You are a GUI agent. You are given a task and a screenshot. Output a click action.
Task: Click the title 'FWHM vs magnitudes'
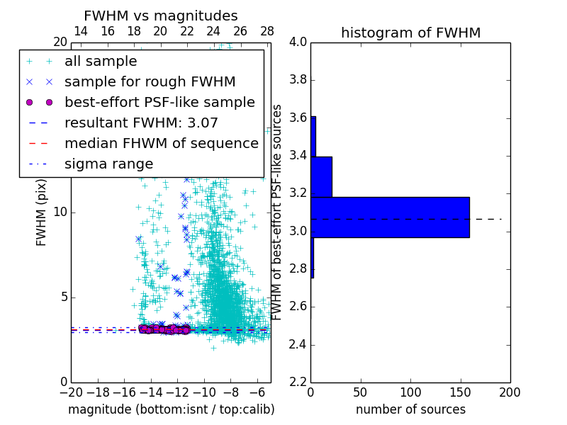161,16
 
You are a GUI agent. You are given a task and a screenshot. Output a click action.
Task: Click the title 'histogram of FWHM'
410,33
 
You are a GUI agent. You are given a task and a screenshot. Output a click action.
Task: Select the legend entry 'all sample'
101,62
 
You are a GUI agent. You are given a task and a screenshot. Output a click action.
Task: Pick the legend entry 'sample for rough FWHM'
150,82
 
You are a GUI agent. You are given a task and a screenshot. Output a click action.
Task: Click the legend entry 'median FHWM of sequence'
161,143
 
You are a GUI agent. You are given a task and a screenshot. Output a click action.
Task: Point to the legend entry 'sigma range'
108,164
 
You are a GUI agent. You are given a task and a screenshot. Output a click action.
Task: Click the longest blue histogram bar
390,217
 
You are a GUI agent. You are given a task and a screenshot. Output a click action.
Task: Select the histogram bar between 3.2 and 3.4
321,176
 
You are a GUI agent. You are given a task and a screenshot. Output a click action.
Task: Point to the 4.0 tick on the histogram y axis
298,42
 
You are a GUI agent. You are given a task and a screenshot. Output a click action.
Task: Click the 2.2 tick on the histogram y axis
298,382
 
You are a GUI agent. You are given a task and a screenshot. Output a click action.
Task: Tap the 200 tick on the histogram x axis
510,392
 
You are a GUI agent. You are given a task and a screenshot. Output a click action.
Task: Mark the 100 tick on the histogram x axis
410,392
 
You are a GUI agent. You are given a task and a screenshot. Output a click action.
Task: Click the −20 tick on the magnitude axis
71,392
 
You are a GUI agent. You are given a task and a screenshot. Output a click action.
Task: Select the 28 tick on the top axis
267,31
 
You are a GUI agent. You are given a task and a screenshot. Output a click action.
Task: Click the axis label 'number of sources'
410,409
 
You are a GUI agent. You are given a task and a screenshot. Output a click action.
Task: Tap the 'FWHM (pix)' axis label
42,212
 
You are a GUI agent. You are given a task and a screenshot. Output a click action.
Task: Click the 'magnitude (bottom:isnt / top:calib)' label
171,409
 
